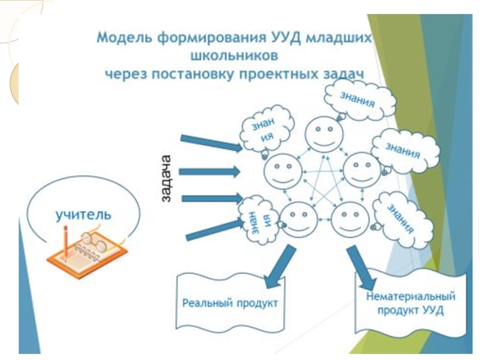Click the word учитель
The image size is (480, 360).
point(83,215)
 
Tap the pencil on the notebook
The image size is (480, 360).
point(66,242)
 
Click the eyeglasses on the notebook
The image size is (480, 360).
point(94,241)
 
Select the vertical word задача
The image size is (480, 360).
point(166,178)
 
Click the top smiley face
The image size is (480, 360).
point(324,134)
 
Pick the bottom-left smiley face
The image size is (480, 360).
point(299,219)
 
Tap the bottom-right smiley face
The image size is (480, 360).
point(350,218)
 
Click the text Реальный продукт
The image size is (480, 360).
point(230,304)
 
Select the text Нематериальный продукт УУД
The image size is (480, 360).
point(410,304)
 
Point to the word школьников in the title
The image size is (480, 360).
point(234,56)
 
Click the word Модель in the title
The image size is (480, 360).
point(125,38)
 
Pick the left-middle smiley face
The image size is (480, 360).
point(283,172)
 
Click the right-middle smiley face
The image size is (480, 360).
point(362,170)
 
